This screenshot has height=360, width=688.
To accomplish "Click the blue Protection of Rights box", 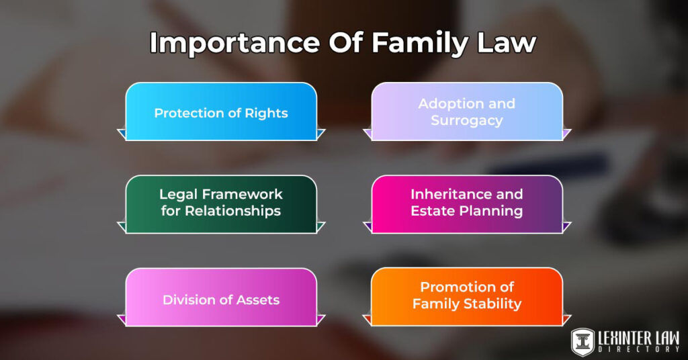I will click(x=221, y=112).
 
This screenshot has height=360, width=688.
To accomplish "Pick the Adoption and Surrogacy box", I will click(x=467, y=111).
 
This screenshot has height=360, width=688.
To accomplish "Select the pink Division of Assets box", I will click(x=221, y=299).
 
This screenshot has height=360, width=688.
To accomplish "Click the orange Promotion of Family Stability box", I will click(x=467, y=296).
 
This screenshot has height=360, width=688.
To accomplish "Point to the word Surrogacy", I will click(x=467, y=121).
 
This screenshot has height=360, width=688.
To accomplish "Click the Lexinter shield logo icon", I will click(x=582, y=341).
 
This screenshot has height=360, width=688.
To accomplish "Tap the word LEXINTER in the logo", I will click(x=626, y=335).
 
